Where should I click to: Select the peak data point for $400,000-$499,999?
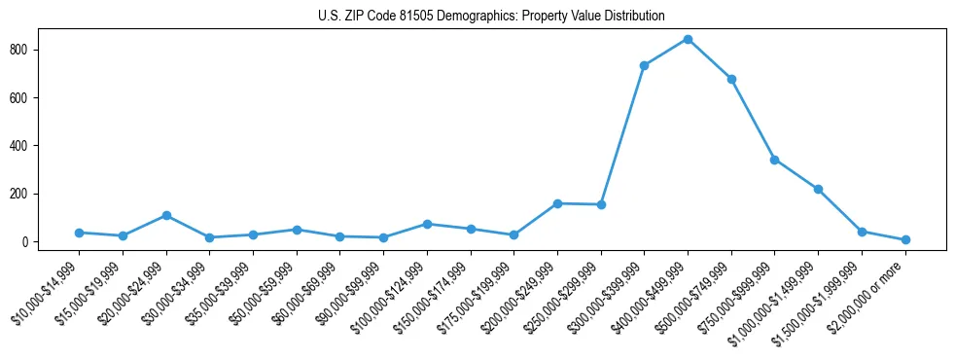pos(688,39)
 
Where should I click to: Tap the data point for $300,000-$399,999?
pos(644,65)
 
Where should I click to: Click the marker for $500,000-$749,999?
pos(731,79)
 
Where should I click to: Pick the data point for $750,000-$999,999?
pos(774,160)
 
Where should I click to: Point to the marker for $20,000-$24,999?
pos(166,215)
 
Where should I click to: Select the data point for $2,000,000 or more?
pos(905,239)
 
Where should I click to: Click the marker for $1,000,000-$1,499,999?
pos(818,189)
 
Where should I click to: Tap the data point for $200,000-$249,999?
pos(557,203)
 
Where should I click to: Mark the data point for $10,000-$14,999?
pos(79,233)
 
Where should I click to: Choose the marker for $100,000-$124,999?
pos(427,224)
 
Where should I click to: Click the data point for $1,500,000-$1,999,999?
pos(862,232)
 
